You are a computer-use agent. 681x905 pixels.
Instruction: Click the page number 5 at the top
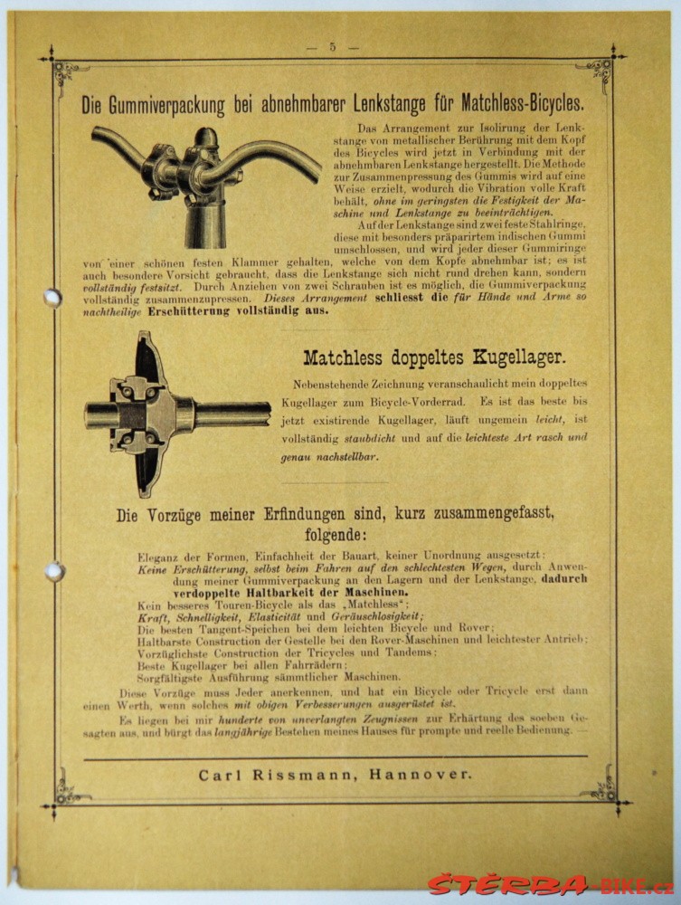point(332,47)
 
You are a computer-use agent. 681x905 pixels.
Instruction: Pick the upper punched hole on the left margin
point(52,297)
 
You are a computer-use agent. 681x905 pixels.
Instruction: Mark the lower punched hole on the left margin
point(54,571)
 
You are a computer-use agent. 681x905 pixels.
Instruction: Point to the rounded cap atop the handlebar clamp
point(207,138)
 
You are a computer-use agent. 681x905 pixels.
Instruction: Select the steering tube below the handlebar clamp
point(206,222)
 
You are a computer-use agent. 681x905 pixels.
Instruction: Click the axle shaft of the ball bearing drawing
point(231,414)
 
